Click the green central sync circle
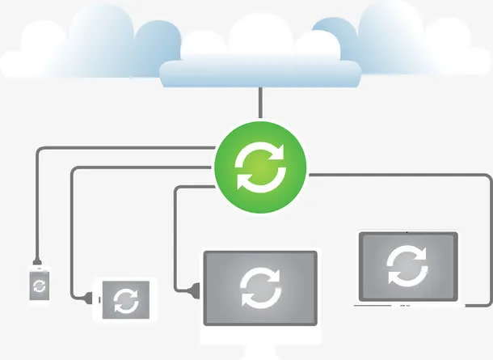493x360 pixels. [260, 168]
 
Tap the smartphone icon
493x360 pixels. [39, 284]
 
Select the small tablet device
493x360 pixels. [125, 299]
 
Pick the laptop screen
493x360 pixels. [407, 267]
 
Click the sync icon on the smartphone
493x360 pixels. [39, 285]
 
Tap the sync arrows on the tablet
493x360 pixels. [126, 300]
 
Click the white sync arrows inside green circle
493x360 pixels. [260, 168]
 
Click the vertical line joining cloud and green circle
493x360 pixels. [260, 104]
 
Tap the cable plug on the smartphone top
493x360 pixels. [37, 261]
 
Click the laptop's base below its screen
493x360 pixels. [408, 305]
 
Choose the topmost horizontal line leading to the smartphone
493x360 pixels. [121, 149]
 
